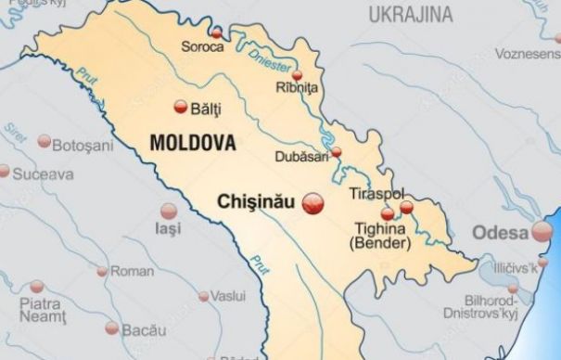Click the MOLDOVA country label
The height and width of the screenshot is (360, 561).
(192, 144)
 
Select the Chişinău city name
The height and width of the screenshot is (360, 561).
(254, 200)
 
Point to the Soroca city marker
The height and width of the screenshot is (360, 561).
(216, 32)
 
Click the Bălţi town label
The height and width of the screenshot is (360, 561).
(205, 109)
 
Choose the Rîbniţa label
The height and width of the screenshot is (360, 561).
(297, 86)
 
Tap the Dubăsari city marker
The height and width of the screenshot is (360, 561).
(336, 151)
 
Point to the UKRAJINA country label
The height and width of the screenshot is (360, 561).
(411, 14)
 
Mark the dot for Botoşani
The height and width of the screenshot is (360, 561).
(45, 141)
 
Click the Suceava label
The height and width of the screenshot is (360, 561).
(43, 173)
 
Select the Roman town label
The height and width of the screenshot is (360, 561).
(132, 271)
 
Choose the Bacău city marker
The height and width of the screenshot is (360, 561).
(112, 328)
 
